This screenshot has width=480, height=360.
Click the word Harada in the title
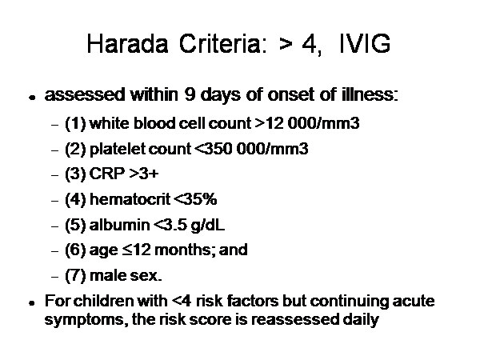(x=127, y=44)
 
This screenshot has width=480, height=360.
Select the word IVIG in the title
(x=365, y=44)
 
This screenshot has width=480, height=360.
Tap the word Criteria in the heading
(x=223, y=44)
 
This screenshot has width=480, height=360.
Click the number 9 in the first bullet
(x=190, y=94)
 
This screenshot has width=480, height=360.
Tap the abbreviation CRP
(x=107, y=174)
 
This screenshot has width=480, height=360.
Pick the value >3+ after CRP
(x=144, y=174)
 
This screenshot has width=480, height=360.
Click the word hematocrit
(x=130, y=199)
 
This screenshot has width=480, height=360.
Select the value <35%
(x=195, y=199)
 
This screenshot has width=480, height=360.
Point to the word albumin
(x=119, y=225)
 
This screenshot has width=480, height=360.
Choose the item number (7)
(x=75, y=275)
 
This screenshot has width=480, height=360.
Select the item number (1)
(x=75, y=124)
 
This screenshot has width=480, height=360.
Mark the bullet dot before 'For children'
(x=31, y=303)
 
